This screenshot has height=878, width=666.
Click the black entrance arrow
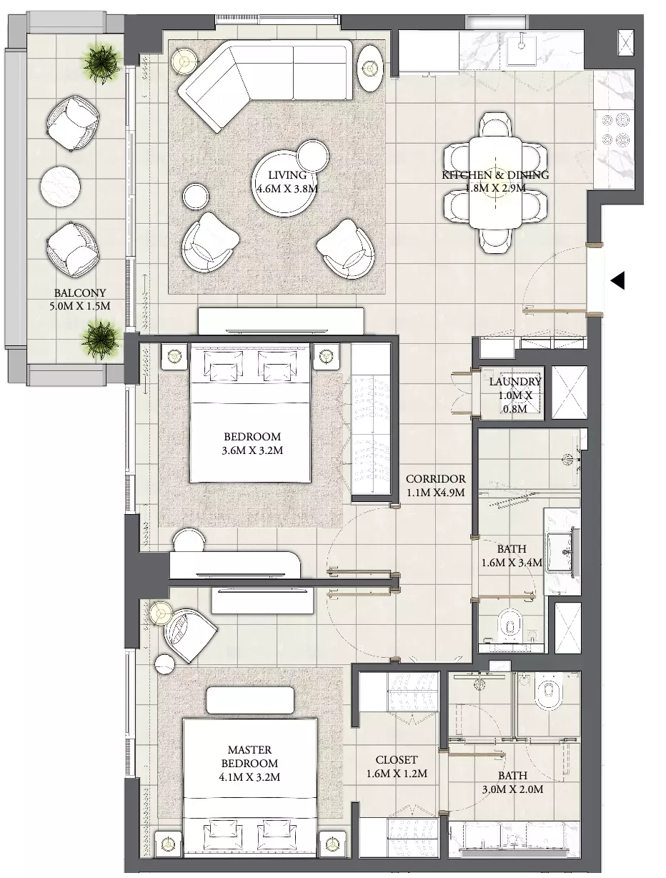(617, 280)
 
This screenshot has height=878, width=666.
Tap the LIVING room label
(287, 175)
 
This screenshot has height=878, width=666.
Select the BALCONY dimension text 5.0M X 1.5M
(79, 307)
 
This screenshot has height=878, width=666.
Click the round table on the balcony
(60, 186)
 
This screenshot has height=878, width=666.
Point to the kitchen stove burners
(614, 129)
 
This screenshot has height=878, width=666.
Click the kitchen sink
(522, 49)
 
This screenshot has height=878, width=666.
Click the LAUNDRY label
(515, 382)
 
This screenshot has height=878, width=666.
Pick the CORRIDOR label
(436, 479)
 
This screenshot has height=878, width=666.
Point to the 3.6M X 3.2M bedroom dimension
(252, 451)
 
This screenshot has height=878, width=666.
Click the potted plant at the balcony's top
(101, 62)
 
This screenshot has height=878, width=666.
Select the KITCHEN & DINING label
(495, 174)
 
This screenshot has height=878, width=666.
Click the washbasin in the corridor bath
(562, 552)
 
